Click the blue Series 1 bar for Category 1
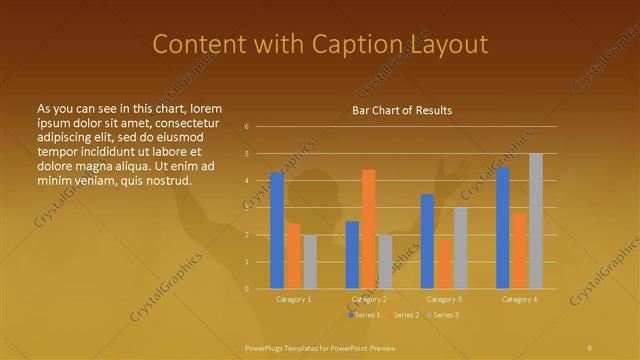[x=277, y=231]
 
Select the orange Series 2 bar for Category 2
[x=369, y=229]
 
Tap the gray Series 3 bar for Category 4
[x=536, y=221]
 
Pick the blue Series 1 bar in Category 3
[x=427, y=241]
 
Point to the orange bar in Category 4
[x=519, y=251]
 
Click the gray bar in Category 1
[x=310, y=262]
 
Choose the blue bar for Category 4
[x=502, y=228]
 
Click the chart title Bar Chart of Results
[x=402, y=110]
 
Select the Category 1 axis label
[x=293, y=299]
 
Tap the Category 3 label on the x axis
[x=444, y=299]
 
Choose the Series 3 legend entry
[x=446, y=315]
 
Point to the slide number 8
[x=590, y=346]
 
